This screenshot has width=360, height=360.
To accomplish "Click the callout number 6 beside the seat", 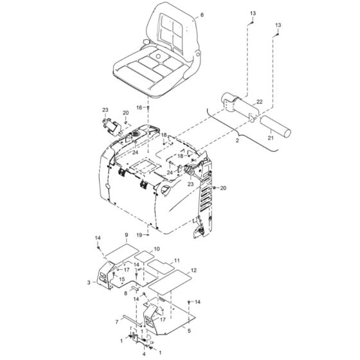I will tap(184, 14).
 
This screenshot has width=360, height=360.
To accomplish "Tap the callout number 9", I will tap(126, 235).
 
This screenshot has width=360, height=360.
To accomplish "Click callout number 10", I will tap(157, 248).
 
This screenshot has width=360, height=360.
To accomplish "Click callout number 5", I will tap(189, 330).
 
